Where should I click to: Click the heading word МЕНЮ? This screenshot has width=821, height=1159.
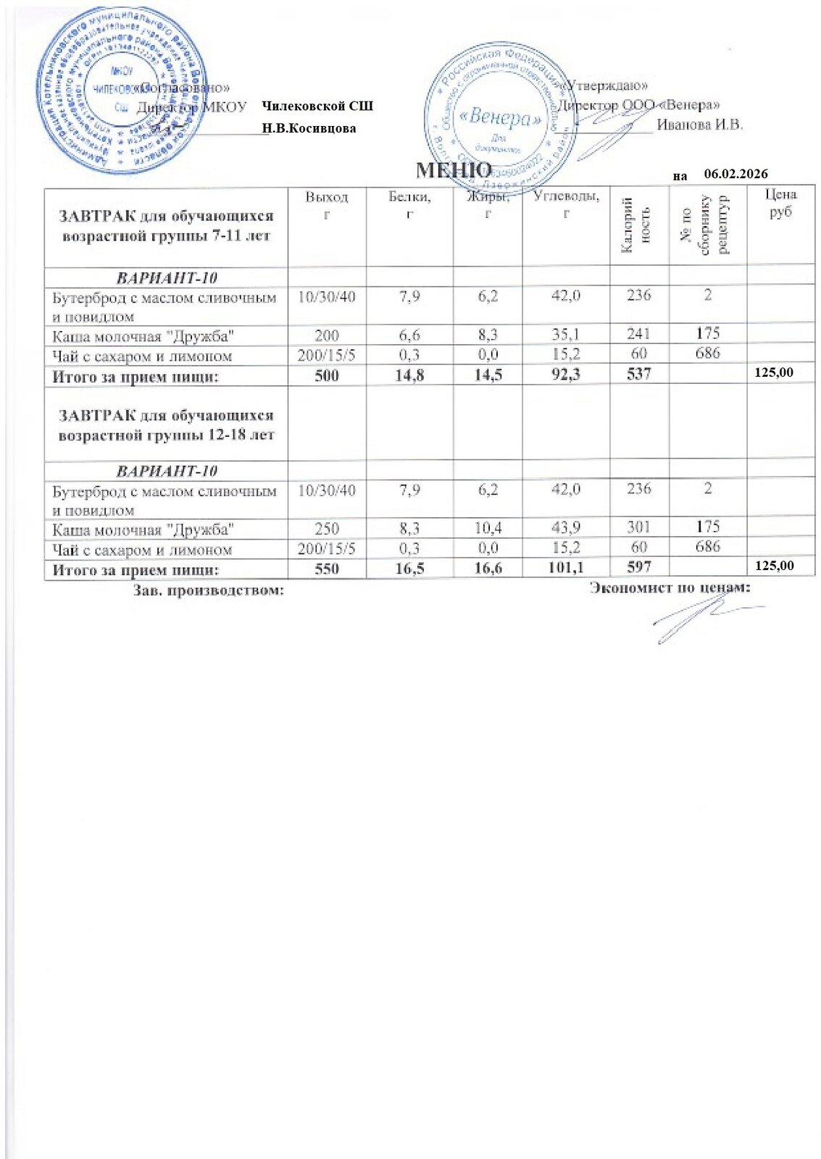tap(454, 170)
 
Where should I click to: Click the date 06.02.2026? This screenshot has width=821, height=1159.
tap(735, 174)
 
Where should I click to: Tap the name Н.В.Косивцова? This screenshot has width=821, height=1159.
tap(309, 128)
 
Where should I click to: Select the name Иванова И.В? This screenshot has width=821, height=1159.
tap(699, 124)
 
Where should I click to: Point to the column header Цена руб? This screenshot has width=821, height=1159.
tap(780, 203)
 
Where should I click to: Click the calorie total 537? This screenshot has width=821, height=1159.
tap(639, 373)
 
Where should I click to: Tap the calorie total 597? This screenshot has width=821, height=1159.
tap(639, 567)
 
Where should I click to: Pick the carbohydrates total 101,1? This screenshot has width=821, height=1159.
tap(566, 567)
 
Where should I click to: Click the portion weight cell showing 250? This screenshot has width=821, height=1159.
tap(327, 528)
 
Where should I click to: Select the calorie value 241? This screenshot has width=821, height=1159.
tap(639, 335)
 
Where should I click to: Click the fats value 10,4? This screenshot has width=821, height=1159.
tap(488, 528)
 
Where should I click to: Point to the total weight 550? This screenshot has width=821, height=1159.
tap(327, 567)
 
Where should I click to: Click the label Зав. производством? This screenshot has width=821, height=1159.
tap(208, 590)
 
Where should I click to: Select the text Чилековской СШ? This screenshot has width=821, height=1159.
tap(317, 106)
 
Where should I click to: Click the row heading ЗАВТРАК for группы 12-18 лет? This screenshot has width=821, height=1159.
tap(166, 425)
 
